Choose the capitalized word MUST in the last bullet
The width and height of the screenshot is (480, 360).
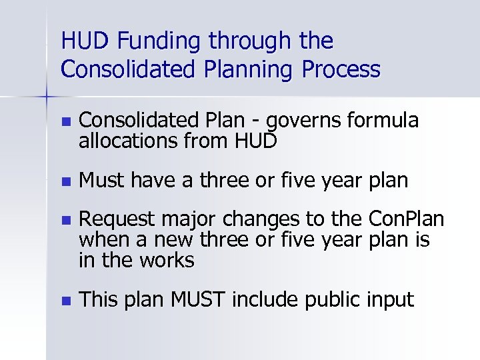point(197,300)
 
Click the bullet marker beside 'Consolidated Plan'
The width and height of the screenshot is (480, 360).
point(64,122)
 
